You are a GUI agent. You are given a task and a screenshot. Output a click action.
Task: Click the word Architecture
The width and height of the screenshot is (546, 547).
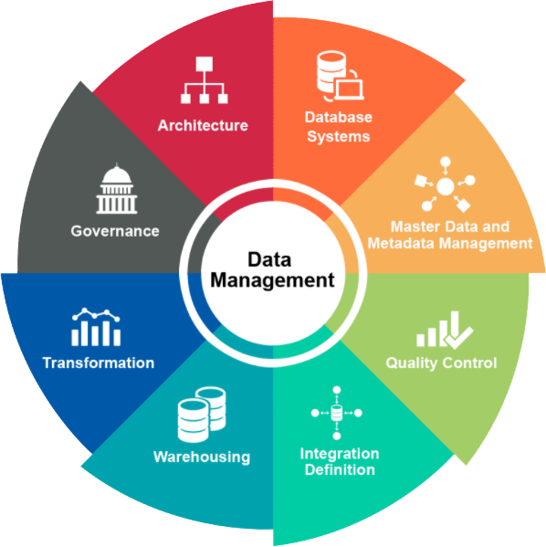point(203,125)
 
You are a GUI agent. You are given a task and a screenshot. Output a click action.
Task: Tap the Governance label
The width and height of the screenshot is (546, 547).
point(115,231)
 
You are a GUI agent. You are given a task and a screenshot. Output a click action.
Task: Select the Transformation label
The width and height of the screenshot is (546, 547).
point(99,363)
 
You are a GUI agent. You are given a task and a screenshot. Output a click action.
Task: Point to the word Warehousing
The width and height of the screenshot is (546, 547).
point(202,457)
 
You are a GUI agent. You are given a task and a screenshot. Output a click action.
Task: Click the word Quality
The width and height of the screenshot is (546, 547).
point(409,363)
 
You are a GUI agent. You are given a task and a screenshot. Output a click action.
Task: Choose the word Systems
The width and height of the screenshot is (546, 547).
point(339,136)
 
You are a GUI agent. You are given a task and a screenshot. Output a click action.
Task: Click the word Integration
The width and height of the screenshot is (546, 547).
point(340,454)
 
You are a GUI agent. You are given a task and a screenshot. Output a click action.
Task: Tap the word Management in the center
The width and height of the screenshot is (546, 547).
point(272,280)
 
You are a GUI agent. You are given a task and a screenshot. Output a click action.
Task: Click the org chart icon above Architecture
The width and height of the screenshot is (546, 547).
point(205,79)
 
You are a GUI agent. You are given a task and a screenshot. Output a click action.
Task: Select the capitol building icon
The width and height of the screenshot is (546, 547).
point(117,188)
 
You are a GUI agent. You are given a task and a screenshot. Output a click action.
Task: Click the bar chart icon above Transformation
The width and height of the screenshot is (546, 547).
point(96,327)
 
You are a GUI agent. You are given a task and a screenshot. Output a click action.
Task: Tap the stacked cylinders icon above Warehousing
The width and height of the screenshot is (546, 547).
point(201,414)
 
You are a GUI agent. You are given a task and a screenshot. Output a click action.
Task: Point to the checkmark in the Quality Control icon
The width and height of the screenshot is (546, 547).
point(457,337)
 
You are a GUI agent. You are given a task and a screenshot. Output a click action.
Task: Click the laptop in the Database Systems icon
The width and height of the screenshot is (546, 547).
point(349,89)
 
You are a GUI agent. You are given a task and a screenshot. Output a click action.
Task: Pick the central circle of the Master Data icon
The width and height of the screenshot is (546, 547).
point(446,186)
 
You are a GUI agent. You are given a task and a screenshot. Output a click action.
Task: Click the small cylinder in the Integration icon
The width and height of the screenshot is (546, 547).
point(337,413)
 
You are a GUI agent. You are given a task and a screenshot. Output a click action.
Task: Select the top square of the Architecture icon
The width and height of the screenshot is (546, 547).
point(205,64)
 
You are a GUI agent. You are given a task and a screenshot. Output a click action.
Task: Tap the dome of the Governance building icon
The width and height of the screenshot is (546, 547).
point(117,174)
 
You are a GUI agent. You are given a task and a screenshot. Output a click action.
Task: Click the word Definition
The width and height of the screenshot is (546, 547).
point(340,469)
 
